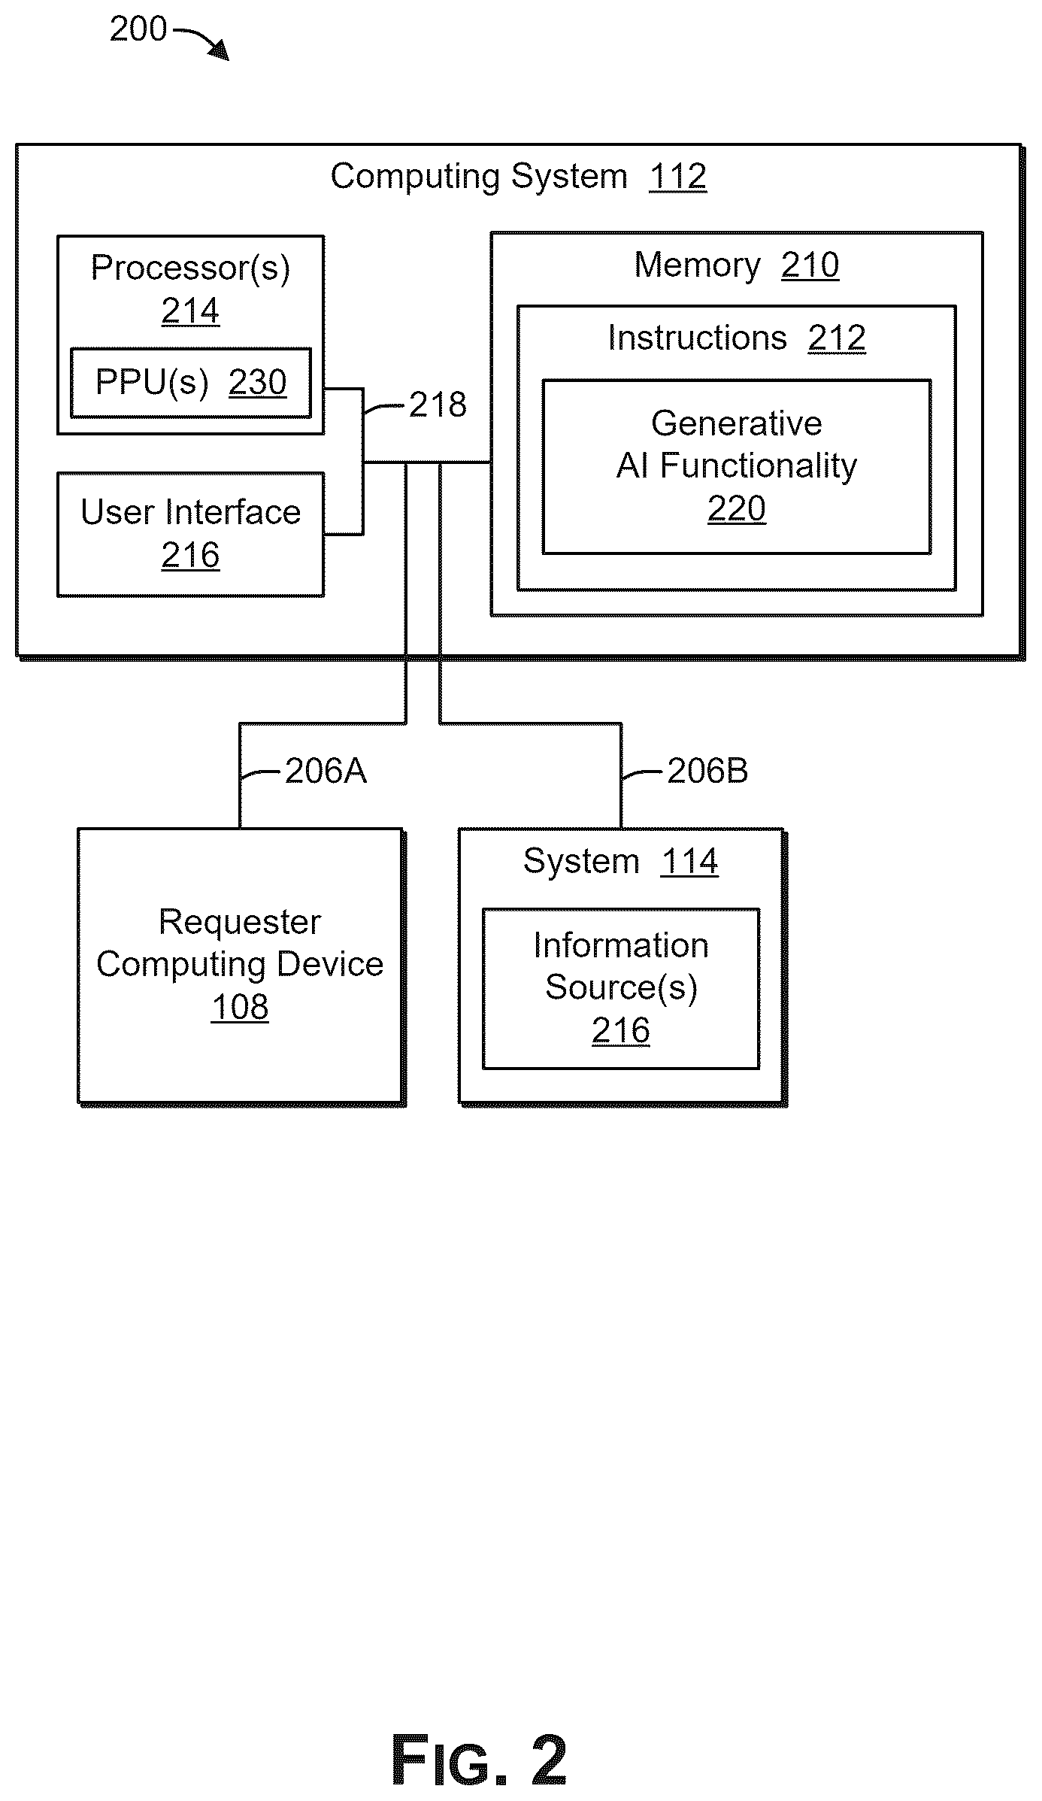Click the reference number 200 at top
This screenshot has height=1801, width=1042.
click(x=138, y=29)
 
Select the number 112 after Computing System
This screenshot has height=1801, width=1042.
click(x=677, y=177)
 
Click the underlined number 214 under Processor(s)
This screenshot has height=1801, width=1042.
click(x=190, y=311)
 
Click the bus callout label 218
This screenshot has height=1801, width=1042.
click(x=438, y=405)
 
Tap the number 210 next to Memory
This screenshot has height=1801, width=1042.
click(x=810, y=265)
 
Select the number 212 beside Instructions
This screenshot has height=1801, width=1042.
click(x=837, y=338)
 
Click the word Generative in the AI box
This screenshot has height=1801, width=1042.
click(x=737, y=423)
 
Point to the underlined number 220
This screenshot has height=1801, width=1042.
click(x=737, y=509)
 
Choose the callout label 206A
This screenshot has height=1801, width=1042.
click(x=326, y=772)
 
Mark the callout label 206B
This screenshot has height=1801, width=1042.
click(x=707, y=772)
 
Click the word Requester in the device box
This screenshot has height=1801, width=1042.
click(x=240, y=922)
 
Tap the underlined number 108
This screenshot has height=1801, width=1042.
click(x=240, y=1008)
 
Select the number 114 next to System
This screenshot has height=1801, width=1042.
click(x=689, y=862)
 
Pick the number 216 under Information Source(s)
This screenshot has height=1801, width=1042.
click(x=621, y=1031)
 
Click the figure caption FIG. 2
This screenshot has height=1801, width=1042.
click(x=479, y=1760)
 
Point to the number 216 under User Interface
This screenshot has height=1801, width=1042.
click(x=190, y=556)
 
